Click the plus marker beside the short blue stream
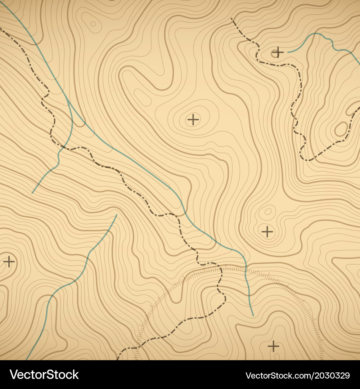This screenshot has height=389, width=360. tap(278, 53)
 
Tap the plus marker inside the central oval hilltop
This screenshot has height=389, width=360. tap(193, 119)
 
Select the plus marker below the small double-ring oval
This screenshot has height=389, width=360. tap(267, 232)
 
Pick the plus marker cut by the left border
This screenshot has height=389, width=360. tap(9, 261)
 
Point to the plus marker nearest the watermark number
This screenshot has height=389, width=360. tap(274, 346)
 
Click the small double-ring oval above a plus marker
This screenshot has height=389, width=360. tap(268, 211)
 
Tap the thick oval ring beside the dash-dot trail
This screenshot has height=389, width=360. tap(341, 129)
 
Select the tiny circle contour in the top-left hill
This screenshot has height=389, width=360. tap(93, 24)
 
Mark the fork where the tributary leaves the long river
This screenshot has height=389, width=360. tap(67, 100)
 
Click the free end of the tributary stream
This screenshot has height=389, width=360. tap(32, 193)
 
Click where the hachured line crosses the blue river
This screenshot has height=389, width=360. tap(246, 268)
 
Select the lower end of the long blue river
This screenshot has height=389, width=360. tap(253, 316)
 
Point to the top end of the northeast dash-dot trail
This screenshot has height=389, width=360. tap(231, 18)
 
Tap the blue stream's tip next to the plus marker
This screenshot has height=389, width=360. tap(288, 52)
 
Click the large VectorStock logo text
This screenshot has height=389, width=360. tap(44, 375)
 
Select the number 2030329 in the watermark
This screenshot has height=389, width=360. tap(328, 376)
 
